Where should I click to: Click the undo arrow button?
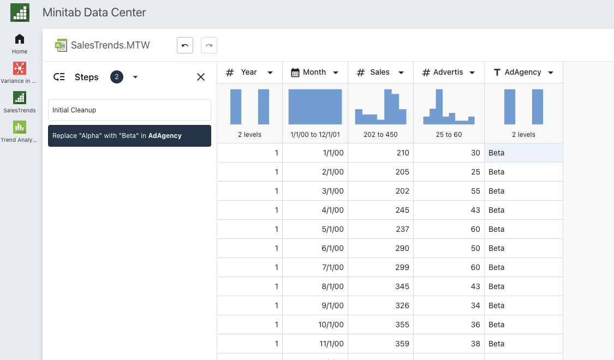(185, 45)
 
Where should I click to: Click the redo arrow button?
(209, 45)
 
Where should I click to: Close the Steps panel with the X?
(201, 77)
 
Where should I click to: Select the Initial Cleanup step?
(129, 110)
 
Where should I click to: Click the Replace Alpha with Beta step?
(129, 136)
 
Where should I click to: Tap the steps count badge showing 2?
(117, 77)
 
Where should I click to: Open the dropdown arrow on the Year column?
(270, 73)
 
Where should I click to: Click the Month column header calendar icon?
(295, 73)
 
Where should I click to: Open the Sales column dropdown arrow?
(401, 73)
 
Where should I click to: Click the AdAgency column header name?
(523, 73)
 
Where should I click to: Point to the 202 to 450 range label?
(380, 135)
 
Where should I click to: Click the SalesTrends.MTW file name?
(110, 45)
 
